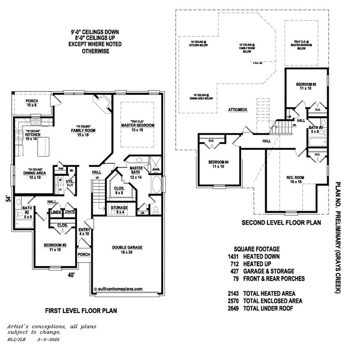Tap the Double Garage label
click(x=127, y=247)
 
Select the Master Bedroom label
click(x=137, y=125)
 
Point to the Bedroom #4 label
click(x=219, y=162)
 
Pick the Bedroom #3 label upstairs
click(x=306, y=85)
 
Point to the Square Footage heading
click(x=257, y=249)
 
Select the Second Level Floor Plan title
click(x=281, y=223)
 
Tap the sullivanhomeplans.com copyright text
click(x=118, y=289)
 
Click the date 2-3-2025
click(x=47, y=339)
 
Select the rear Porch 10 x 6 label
click(x=32, y=103)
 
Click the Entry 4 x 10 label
click(x=84, y=232)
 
